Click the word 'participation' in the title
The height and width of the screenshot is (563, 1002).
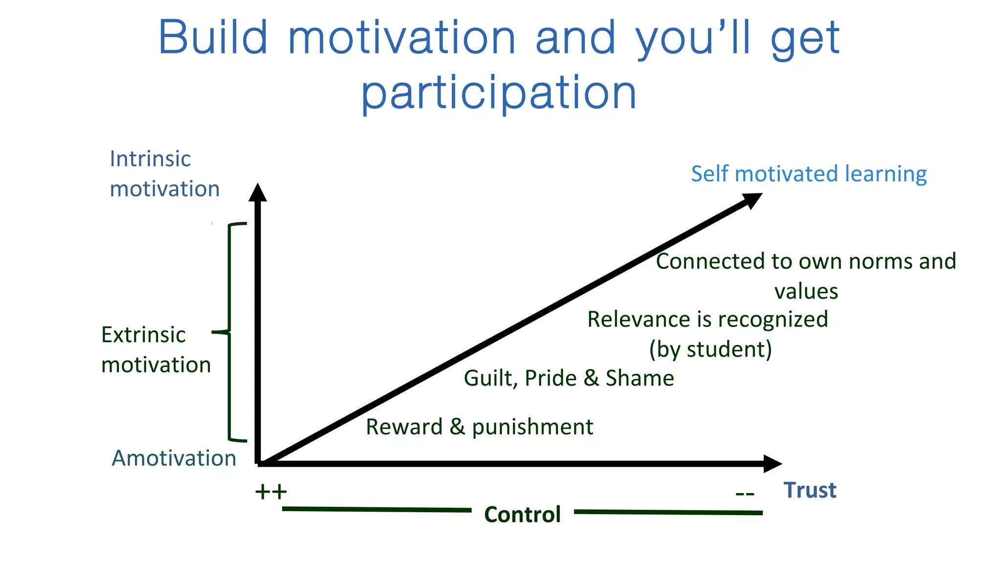(x=499, y=93)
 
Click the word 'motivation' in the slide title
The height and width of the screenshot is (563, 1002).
(x=401, y=38)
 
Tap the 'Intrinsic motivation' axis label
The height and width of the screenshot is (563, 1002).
(x=164, y=173)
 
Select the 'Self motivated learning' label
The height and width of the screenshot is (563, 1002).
(x=808, y=174)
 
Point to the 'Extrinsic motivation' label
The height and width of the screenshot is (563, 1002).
(x=156, y=349)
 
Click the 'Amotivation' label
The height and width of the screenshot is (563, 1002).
(x=174, y=458)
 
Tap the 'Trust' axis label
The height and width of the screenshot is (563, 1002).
(x=810, y=490)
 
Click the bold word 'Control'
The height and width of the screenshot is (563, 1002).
(x=522, y=515)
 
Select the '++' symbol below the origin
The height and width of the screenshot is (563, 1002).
(x=271, y=492)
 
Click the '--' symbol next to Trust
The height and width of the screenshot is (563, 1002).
(x=745, y=494)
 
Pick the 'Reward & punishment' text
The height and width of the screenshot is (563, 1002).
(x=479, y=427)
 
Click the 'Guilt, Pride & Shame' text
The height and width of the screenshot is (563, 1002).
(x=569, y=378)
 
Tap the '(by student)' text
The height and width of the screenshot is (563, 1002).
(x=710, y=349)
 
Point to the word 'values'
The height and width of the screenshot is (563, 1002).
(x=806, y=292)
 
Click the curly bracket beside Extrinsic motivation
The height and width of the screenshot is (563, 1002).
(x=230, y=332)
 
